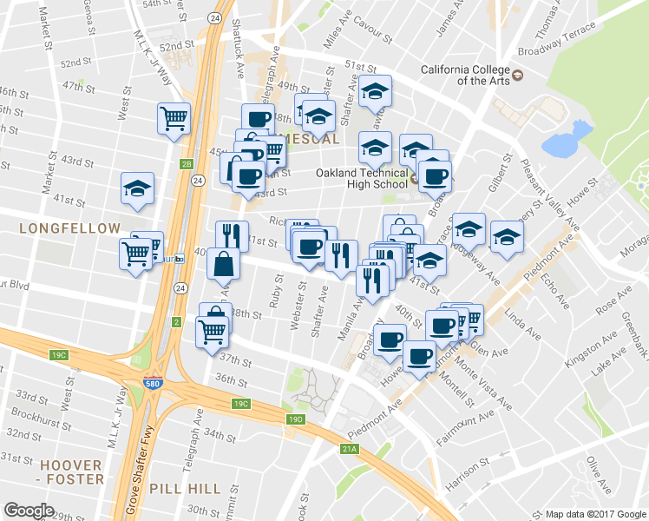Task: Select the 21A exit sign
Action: click(x=350, y=449)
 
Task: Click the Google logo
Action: click(x=29, y=511)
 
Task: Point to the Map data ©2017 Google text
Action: click(x=595, y=514)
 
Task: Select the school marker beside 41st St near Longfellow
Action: click(x=137, y=190)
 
